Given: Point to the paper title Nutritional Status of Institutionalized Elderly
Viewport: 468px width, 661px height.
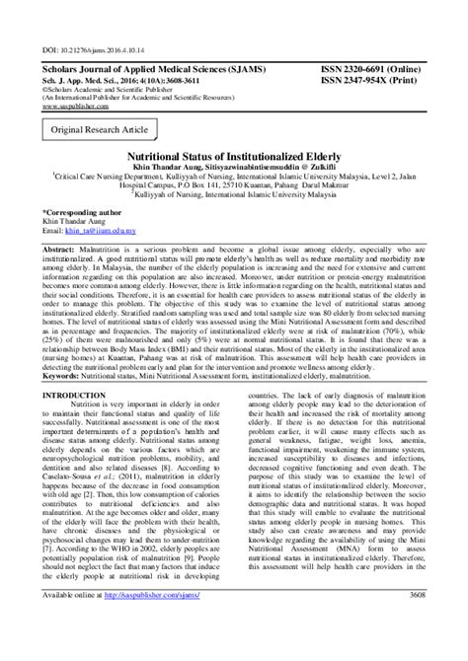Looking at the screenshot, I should [x=234, y=156].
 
